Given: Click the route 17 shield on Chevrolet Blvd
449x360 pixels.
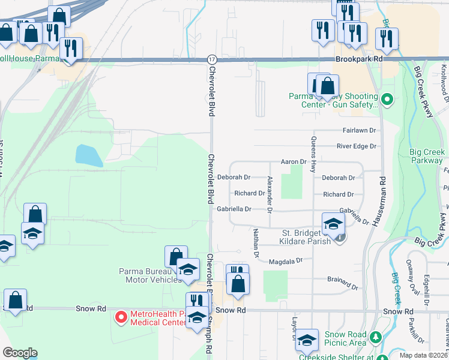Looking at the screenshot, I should point(212,59).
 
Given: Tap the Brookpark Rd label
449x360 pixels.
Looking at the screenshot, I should point(360,60).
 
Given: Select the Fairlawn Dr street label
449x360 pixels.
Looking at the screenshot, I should point(359,130).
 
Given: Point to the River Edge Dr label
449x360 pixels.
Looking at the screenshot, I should point(356,146).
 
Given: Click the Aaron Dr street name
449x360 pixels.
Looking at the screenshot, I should point(294,162).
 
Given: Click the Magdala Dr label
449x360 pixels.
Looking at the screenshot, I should point(283,261).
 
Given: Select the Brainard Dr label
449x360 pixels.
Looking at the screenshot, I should point(342,279).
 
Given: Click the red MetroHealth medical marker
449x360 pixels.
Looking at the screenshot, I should point(121,316).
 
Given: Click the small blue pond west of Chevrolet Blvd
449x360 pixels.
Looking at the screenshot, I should point(88,155).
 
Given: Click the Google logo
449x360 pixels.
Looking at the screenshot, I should point(20,353).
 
